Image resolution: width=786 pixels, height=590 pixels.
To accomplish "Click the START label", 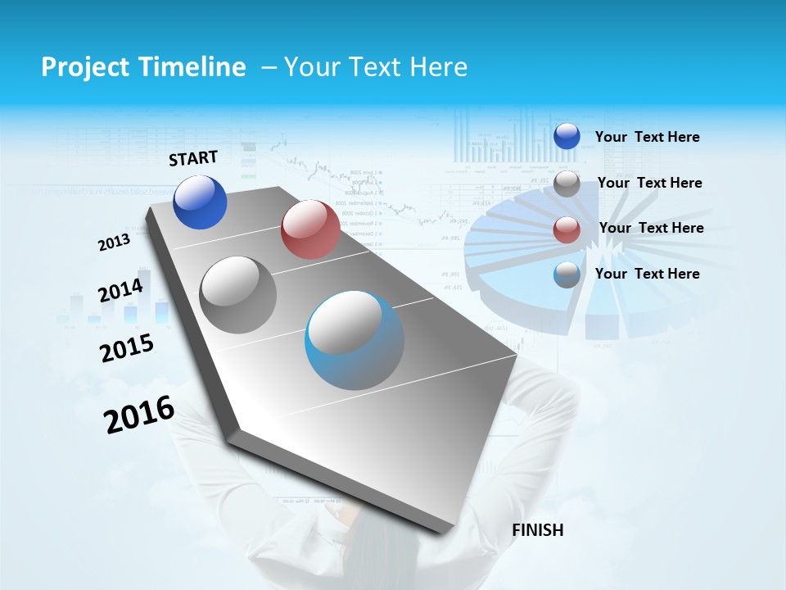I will (x=193, y=158).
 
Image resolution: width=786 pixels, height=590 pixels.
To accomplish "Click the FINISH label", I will (x=537, y=530).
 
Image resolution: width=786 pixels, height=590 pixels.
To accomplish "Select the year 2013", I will (x=114, y=243).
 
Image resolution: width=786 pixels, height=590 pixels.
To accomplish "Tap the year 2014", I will (x=120, y=290).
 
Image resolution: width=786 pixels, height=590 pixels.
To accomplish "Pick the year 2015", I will (x=127, y=347).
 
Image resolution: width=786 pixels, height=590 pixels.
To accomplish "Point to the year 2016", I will (x=139, y=415).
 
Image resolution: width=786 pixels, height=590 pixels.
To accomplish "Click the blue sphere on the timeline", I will (x=200, y=202).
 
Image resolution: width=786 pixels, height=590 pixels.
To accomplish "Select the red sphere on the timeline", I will (x=310, y=229).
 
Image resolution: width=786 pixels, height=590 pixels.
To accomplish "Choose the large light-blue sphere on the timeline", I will (x=355, y=340).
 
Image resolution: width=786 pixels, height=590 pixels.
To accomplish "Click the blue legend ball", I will (x=567, y=136).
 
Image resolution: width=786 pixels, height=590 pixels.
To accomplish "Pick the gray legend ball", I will (x=567, y=184).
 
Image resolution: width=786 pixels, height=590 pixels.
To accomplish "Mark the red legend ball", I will (x=567, y=229).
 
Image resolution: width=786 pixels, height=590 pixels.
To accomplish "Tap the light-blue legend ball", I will (x=567, y=275).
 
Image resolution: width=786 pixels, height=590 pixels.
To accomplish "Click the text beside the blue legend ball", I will (x=647, y=137).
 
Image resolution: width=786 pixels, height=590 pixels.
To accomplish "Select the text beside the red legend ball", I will (x=651, y=228).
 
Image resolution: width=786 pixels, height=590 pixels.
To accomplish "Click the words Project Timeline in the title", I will (x=143, y=67).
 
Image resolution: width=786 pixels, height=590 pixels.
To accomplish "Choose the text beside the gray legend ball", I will (x=649, y=183).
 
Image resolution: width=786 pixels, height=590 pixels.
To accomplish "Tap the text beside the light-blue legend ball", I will (x=647, y=274).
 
